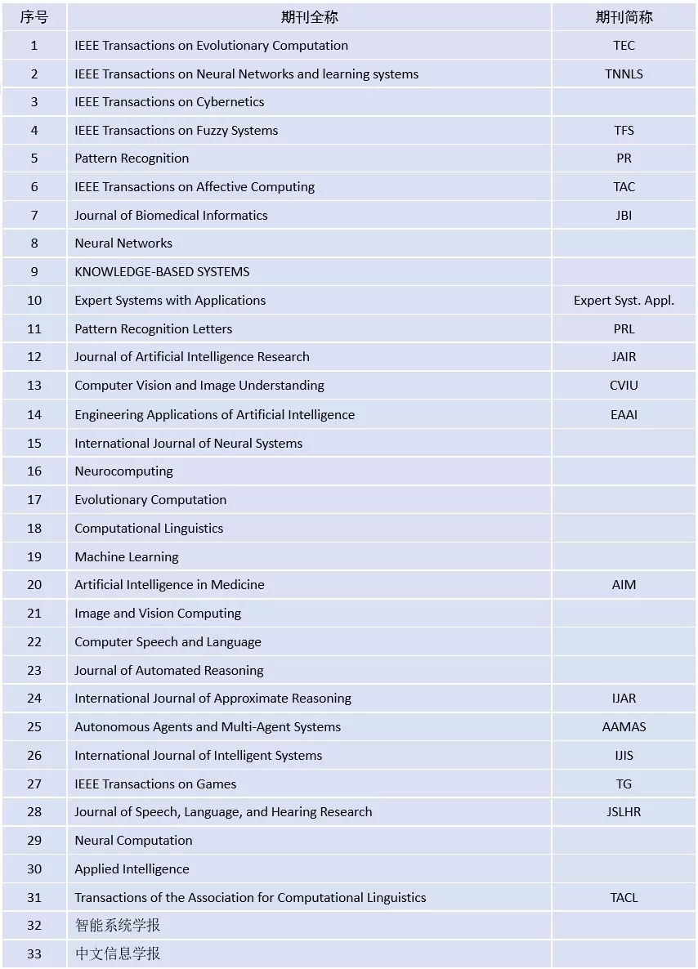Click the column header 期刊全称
(309, 17)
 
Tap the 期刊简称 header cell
(624, 17)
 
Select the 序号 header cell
(34, 17)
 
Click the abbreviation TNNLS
(624, 74)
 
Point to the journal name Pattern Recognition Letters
(153, 328)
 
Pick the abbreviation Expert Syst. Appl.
(624, 300)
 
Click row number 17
(34, 499)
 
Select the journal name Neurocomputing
(123, 471)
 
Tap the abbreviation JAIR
(624, 356)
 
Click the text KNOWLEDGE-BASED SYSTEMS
(162, 271)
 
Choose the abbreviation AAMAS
(624, 726)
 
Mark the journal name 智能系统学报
(118, 925)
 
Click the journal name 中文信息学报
(118, 953)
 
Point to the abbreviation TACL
(624, 897)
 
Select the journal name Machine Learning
(126, 556)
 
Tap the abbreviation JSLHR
(624, 811)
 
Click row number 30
(34, 869)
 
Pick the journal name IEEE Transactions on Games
(155, 784)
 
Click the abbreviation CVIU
(624, 385)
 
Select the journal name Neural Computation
(133, 840)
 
